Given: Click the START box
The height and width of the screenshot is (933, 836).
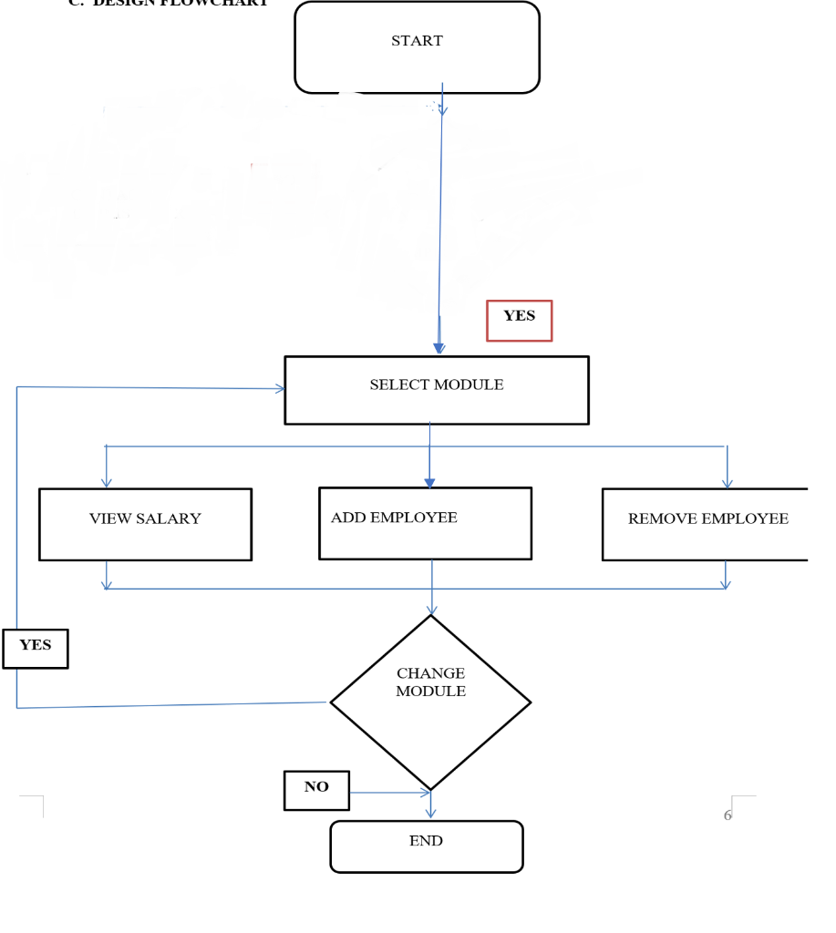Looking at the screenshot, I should coord(417,47).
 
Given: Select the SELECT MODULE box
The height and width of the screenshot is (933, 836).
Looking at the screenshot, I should coord(436,390).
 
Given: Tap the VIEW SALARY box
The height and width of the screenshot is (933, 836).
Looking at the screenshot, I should coord(145,524).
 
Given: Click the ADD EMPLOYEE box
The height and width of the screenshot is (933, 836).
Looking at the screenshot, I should coord(425,523).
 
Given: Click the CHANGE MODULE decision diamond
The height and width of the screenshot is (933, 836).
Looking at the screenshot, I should coord(430,702).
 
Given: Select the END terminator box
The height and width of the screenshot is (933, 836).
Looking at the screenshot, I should coord(426,846).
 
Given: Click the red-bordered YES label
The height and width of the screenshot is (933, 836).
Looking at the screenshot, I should coord(519,321).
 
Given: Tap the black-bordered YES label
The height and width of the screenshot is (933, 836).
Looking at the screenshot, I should coord(36,649).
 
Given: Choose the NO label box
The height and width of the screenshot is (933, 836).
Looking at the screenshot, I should coord(316,790).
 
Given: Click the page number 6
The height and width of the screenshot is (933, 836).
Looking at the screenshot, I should coord(728,815).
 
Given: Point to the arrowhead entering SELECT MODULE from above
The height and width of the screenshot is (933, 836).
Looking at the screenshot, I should coord(439,349).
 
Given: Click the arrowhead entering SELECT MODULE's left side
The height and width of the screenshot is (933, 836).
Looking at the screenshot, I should coord(280,388).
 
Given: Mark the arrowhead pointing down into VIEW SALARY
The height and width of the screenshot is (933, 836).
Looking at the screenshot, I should coord(107,483).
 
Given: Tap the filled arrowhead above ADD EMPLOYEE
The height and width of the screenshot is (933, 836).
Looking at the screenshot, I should coord(429,483).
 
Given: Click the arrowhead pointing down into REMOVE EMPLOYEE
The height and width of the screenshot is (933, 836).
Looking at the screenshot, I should coord(727,483).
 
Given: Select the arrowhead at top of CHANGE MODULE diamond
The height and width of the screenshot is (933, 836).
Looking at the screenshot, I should coord(431,610).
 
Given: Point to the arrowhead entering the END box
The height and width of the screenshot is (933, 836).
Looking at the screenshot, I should coord(430,814).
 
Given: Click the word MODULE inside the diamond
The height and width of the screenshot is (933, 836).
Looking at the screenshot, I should coord(430,692).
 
